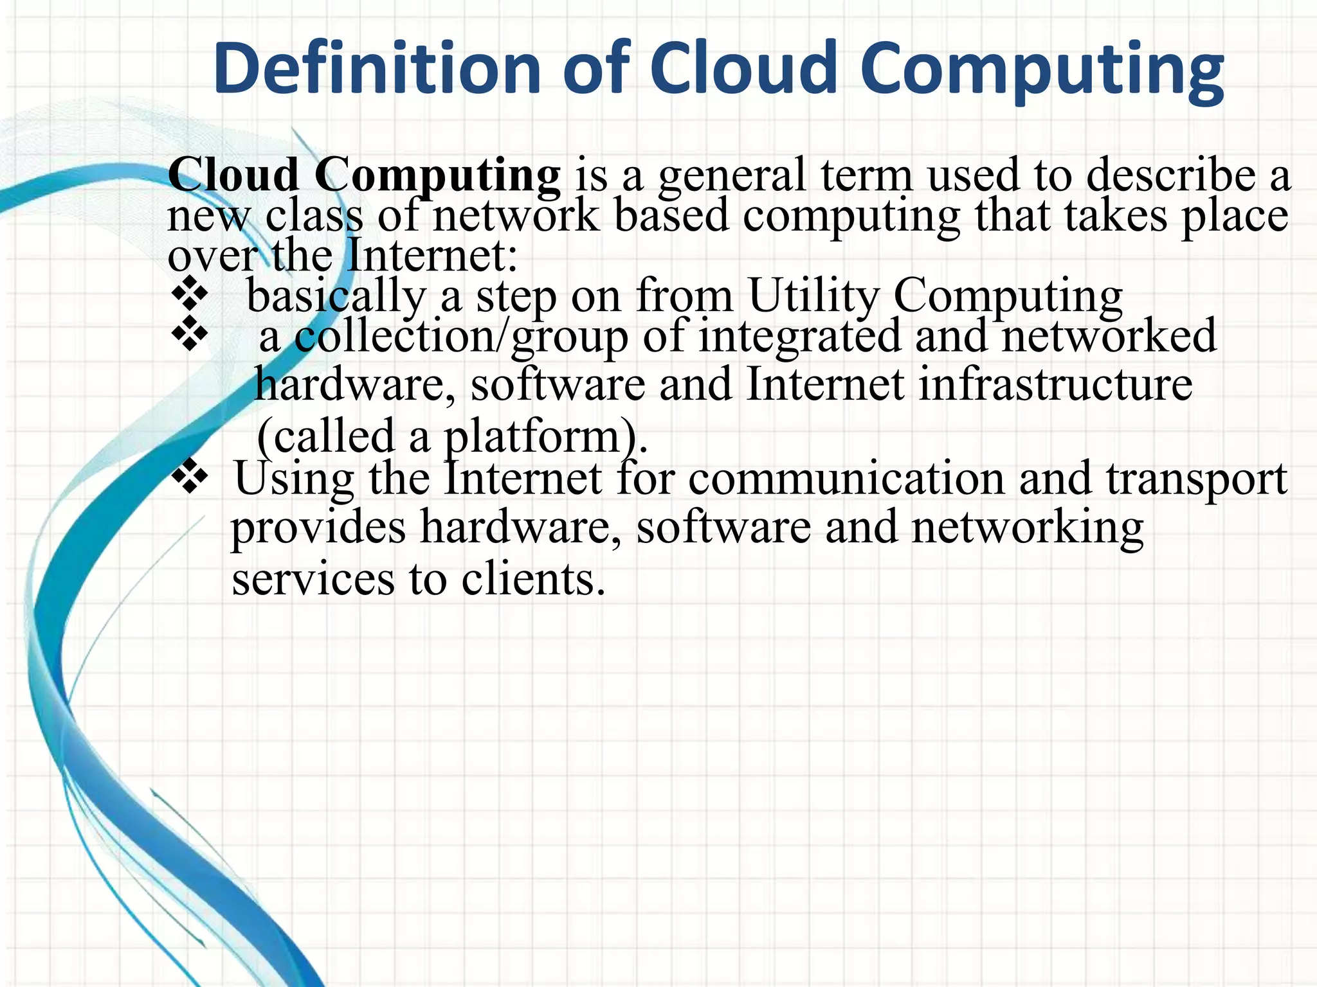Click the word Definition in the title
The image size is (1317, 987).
pyautogui.click(x=378, y=68)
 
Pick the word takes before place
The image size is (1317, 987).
pyautogui.click(x=1116, y=216)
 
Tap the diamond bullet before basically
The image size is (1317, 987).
pyautogui.click(x=190, y=296)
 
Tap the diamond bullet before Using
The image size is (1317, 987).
pyautogui.click(x=190, y=477)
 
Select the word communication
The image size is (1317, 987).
pyautogui.click(x=846, y=479)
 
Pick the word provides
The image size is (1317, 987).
pyautogui.click(x=318, y=528)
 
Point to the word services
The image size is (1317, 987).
pyautogui.click(x=313, y=579)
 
